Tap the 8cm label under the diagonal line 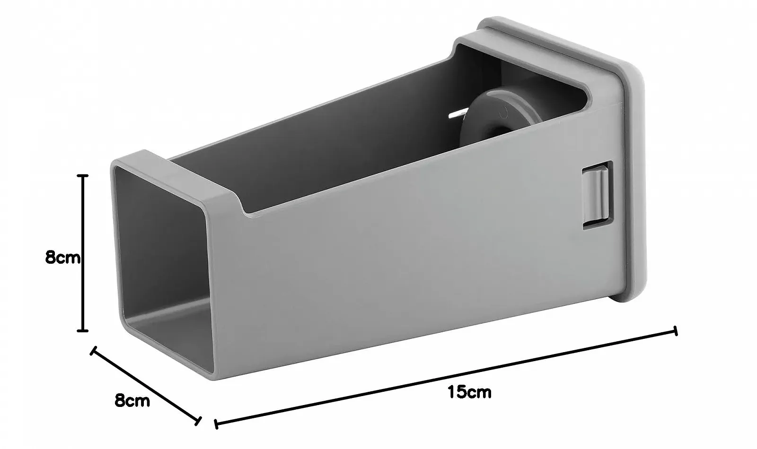pos(132,401)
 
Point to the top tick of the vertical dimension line pos(83,176)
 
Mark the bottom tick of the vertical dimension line pos(83,330)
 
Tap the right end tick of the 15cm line pos(675,331)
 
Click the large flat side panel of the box pos(402,265)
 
